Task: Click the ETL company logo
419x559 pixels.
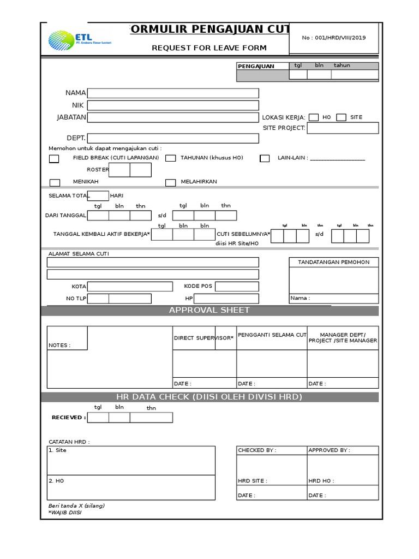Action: pos(79,39)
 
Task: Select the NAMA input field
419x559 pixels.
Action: pos(173,93)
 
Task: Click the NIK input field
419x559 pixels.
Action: pos(173,105)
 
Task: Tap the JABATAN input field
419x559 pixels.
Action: pos(173,117)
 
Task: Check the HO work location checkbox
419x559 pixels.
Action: pos(314,117)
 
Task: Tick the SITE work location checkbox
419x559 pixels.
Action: pos(341,117)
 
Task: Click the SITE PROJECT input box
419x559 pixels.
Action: pos(343,128)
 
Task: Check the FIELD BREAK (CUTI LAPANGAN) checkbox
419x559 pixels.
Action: pos(54,159)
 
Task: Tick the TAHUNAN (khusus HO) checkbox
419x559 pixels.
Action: pos(171,158)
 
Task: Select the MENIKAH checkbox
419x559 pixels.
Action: pos(55,183)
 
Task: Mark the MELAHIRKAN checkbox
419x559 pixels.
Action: pos(171,183)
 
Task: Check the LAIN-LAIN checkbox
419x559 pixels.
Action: pos(265,159)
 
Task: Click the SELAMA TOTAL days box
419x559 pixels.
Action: pos(98,196)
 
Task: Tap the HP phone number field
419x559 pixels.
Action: pos(226,299)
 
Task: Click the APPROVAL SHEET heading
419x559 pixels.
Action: pos(209,310)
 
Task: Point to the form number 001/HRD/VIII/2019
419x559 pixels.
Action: pos(334,38)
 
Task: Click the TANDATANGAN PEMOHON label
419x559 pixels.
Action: pos(333,263)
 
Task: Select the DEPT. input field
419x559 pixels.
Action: pos(173,139)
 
